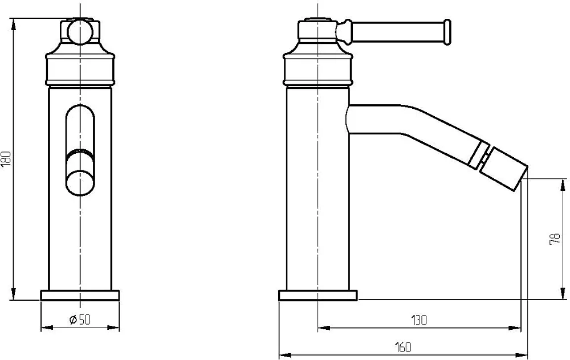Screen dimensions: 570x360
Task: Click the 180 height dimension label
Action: [x=7, y=159]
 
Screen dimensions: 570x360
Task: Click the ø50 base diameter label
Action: [x=80, y=320]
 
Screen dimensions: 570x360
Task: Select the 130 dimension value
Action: [x=419, y=320]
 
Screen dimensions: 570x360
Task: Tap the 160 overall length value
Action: [x=403, y=347]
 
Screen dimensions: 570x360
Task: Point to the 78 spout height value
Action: [x=555, y=239]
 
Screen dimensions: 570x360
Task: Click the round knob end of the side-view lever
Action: [x=446, y=32]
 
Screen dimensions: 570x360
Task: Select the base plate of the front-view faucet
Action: [x=80, y=295]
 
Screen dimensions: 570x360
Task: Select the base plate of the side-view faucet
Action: [x=318, y=295]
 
